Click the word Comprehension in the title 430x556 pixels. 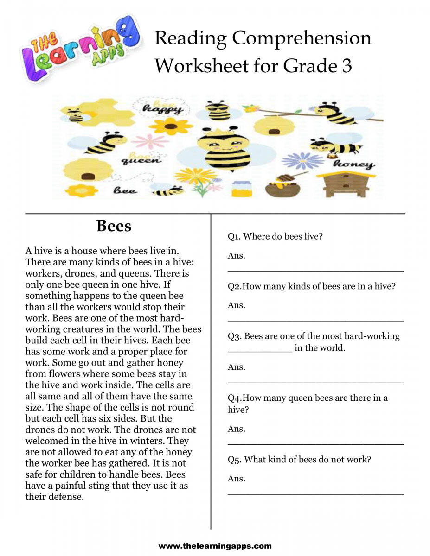click(302, 38)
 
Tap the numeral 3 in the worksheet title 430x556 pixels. click(346, 66)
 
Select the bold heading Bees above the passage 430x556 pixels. click(114, 226)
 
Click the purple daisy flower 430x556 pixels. click(302, 161)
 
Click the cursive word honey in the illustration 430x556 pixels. click(353, 164)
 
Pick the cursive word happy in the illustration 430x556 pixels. click(162, 110)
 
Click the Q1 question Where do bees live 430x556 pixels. click(275, 236)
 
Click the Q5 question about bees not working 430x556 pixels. click(299, 460)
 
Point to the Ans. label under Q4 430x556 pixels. click(236, 429)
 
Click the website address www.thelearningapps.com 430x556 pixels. click(215, 546)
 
